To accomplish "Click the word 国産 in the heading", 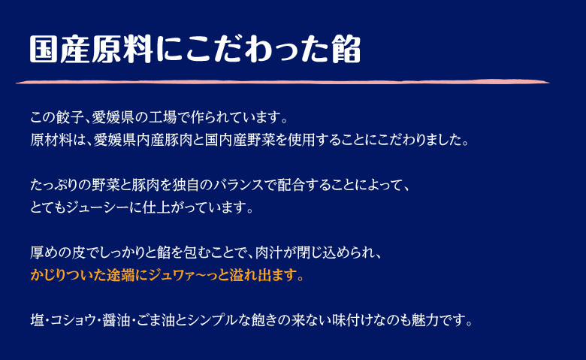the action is coord(61,49).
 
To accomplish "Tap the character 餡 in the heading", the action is coord(346,49).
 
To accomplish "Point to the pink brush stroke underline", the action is coord(282,81).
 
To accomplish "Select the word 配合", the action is coord(291,185).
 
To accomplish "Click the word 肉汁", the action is coord(269,253).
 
